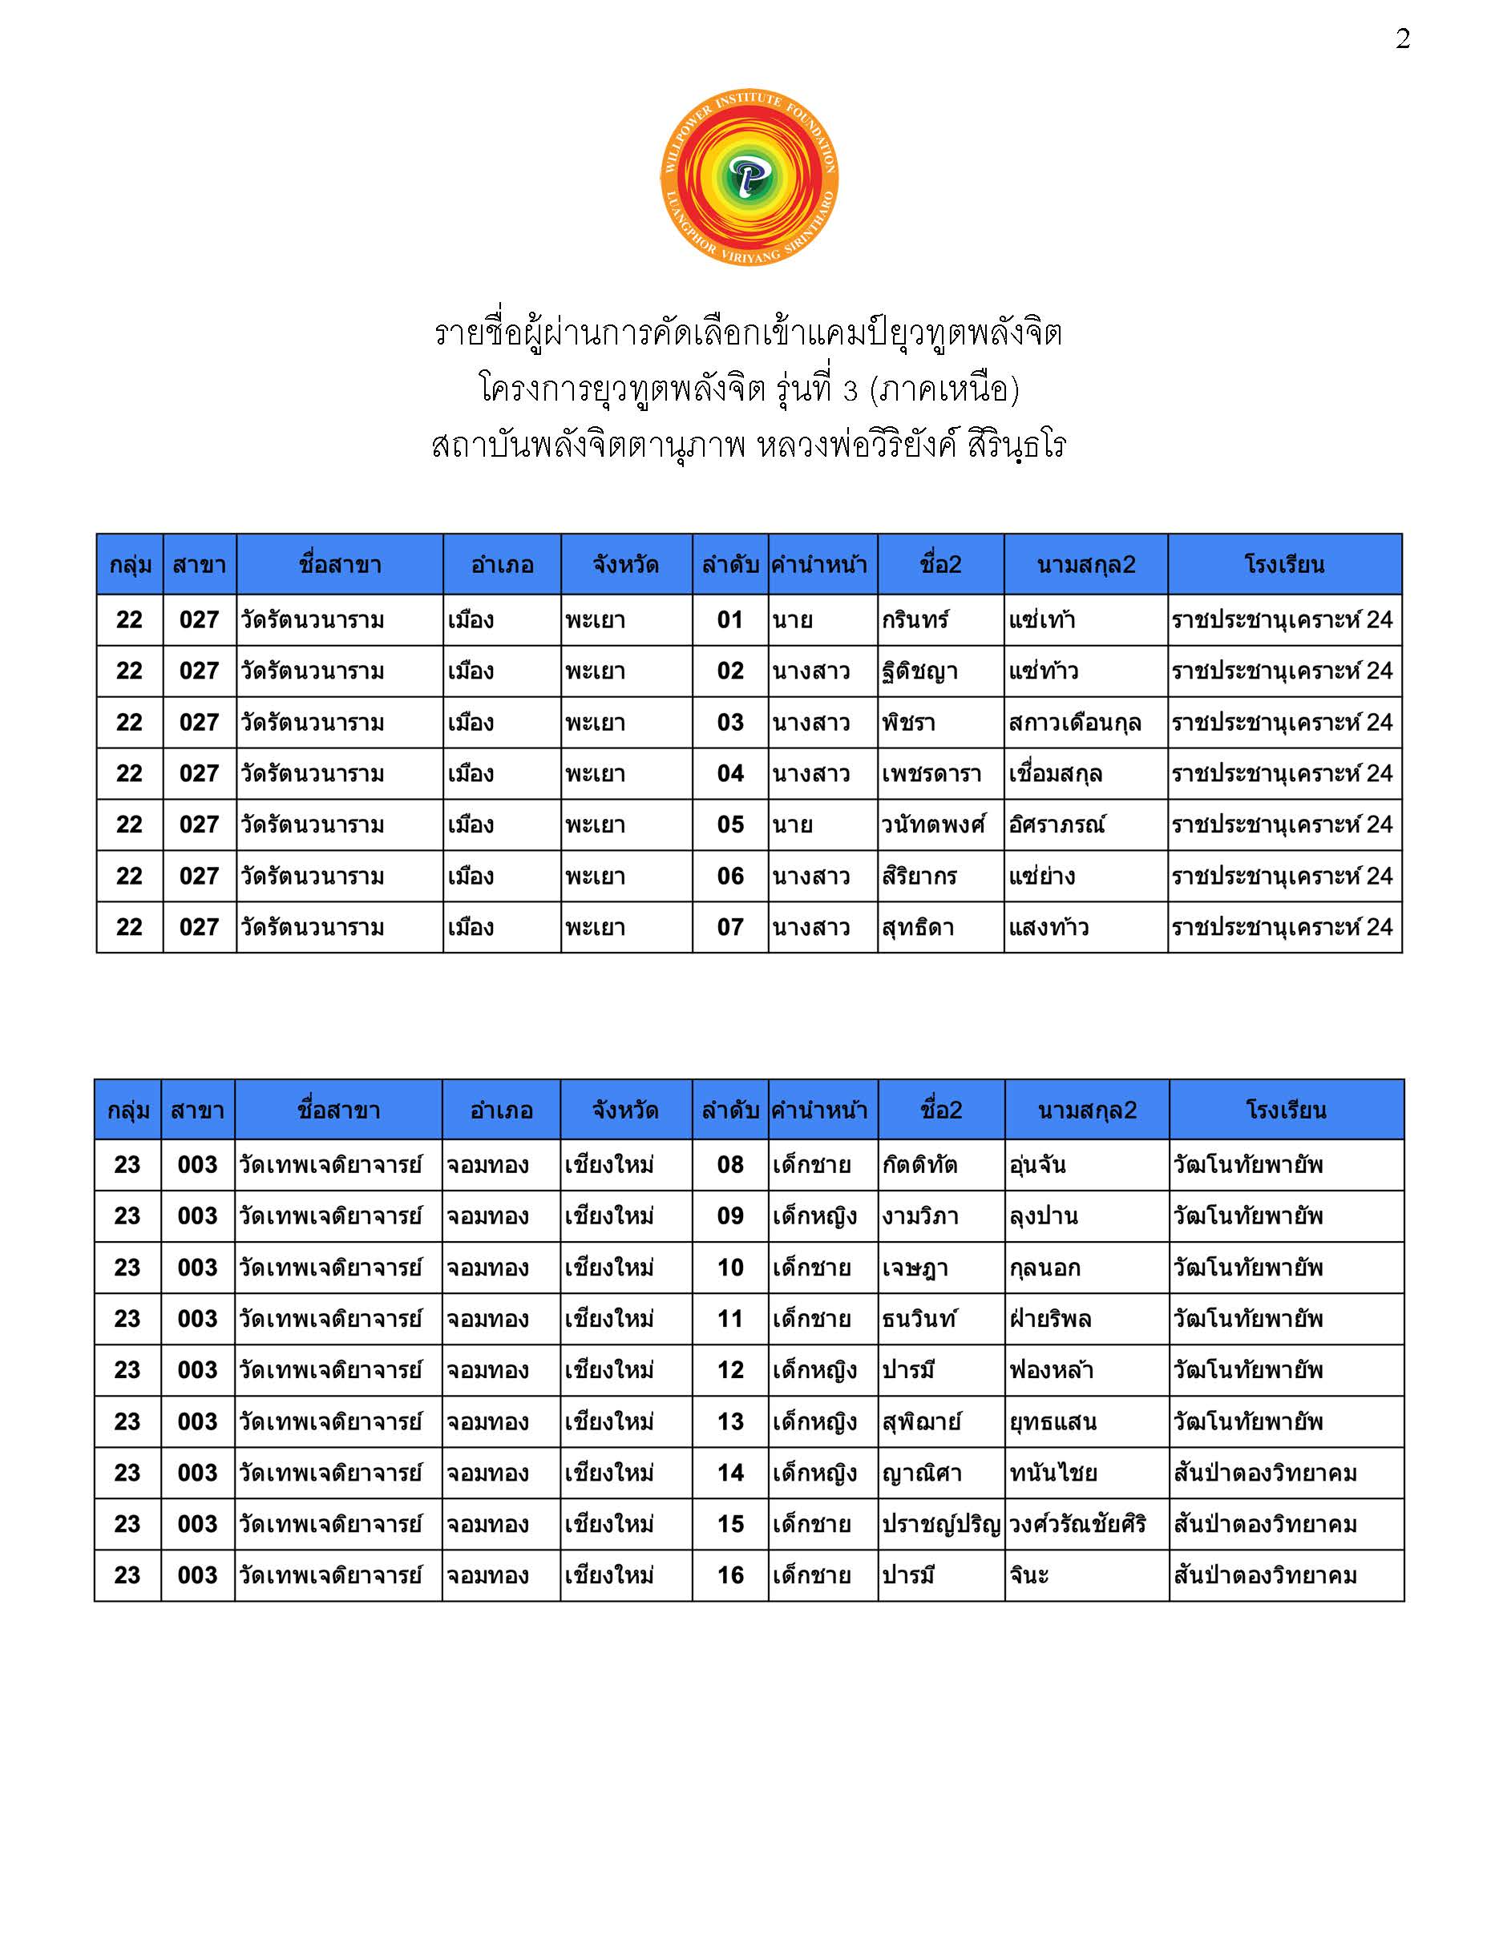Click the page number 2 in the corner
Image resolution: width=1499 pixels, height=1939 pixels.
[x=1402, y=39]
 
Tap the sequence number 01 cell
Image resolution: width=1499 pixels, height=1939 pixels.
[x=730, y=619]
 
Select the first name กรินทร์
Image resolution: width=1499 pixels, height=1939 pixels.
[x=915, y=619]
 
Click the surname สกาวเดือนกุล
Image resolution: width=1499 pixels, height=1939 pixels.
[x=1074, y=723]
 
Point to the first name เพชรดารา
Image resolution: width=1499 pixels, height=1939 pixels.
[x=931, y=774]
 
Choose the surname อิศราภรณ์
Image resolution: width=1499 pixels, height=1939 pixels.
[x=1057, y=824]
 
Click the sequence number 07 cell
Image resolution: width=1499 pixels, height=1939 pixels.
[x=730, y=928]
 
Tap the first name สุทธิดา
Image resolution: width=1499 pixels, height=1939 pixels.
[x=918, y=928]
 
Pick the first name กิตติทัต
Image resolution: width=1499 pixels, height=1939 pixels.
[x=920, y=1165]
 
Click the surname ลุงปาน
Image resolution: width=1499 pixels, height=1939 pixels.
[x=1044, y=1216]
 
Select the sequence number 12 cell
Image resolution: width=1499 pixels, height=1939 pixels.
[x=730, y=1370]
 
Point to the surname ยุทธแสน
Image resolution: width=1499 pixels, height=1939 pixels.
[x=1053, y=1422]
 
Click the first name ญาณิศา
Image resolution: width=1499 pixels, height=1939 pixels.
[x=922, y=1473]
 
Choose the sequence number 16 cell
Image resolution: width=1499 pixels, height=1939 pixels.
[x=730, y=1576]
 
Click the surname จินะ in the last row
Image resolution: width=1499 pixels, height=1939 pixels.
[x=1029, y=1576]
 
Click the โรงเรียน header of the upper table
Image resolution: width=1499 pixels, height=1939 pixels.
[x=1284, y=565]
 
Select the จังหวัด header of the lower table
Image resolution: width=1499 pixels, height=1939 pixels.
[x=625, y=1110]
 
